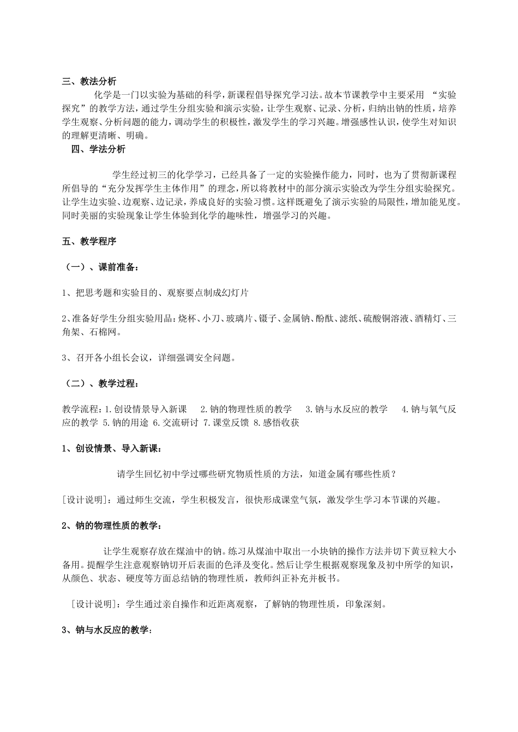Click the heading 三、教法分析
tap(89, 82)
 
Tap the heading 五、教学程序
tap(89, 241)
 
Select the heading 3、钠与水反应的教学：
tap(106, 630)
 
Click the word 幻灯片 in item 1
tap(236, 292)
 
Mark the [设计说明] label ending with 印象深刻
tap(95, 605)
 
